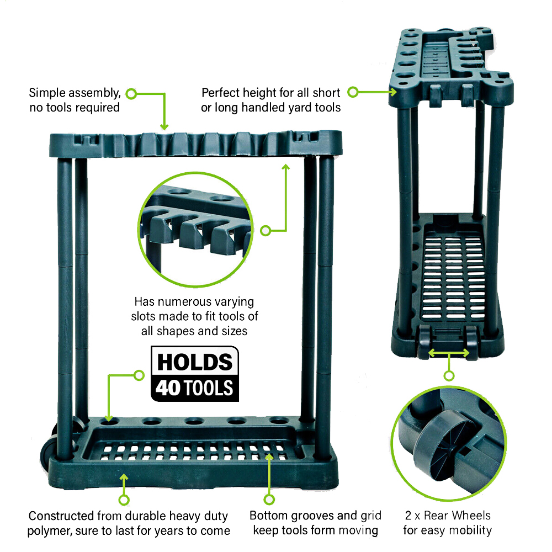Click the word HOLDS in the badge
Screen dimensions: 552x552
[195, 362]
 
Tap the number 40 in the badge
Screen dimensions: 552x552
[168, 388]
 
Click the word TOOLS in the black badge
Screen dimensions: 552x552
[209, 388]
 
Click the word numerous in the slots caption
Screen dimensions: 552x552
[182, 302]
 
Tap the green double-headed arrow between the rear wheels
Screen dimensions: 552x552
[449, 353]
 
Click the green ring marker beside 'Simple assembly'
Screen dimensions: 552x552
[131, 94]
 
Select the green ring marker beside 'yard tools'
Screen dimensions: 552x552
[353, 92]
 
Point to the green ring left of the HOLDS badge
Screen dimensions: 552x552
[140, 375]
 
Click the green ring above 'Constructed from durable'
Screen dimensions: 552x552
[124, 500]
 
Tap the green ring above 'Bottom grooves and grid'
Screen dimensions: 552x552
[269, 499]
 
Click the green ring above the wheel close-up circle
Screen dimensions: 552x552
[449, 375]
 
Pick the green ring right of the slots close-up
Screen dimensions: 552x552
[266, 231]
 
